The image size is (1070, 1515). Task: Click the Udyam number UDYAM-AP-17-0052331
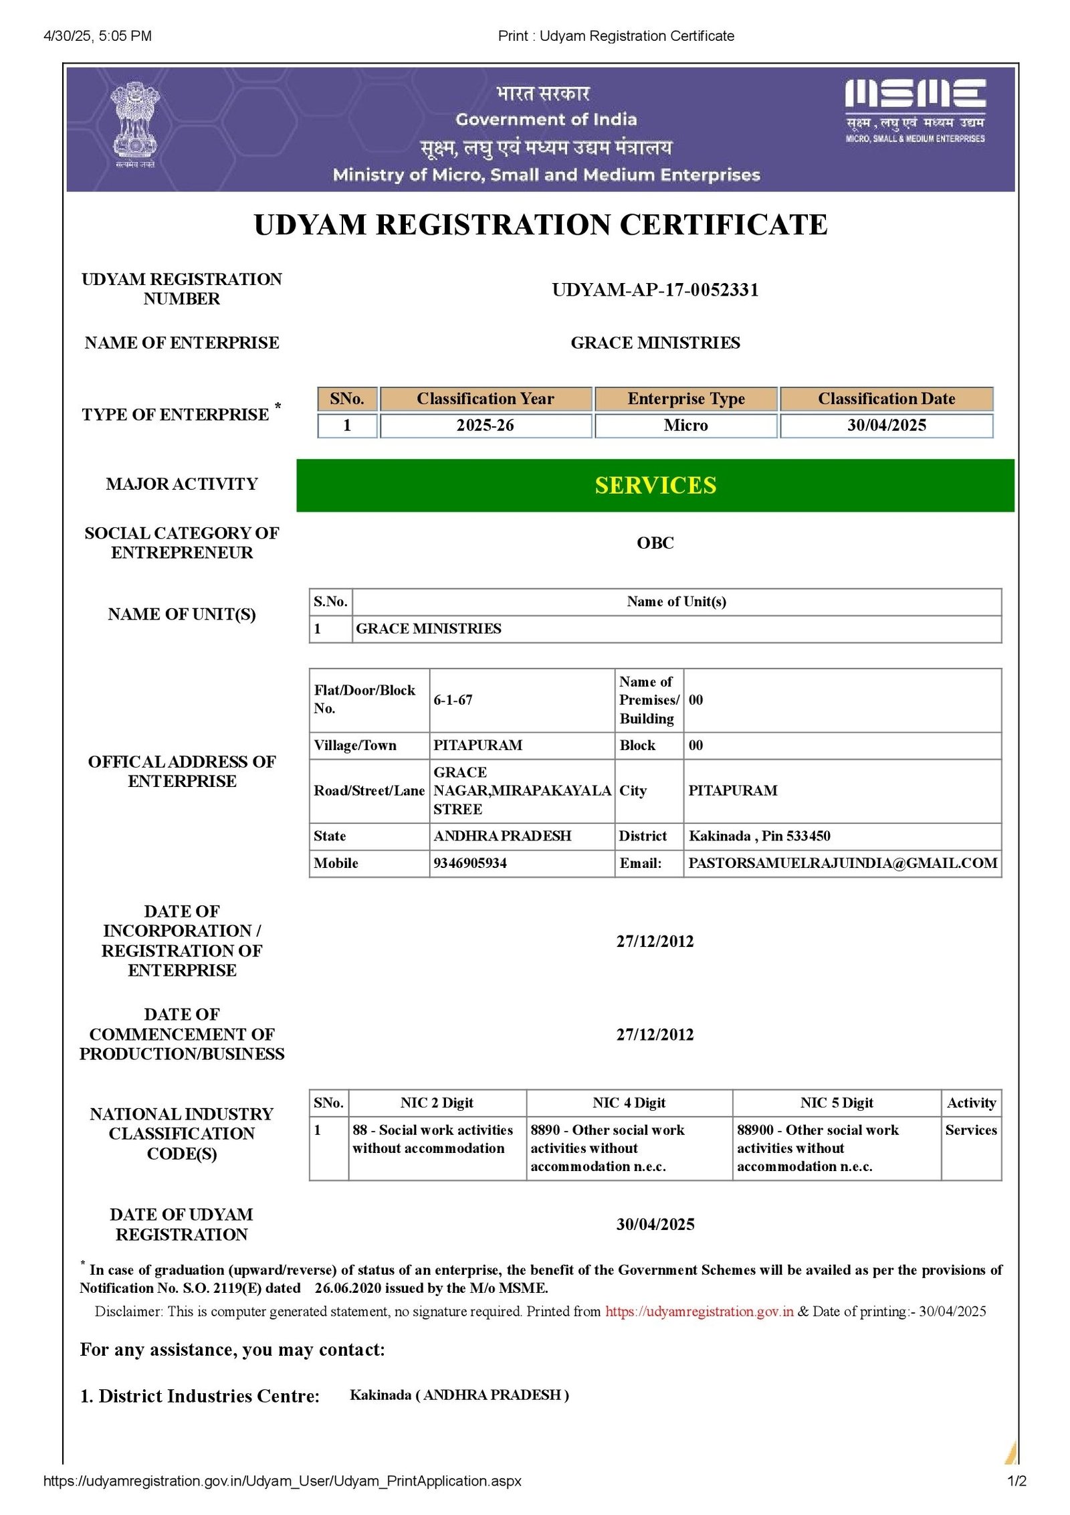(x=655, y=290)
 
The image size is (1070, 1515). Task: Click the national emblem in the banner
(x=135, y=124)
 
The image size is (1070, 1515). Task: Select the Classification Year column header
(x=486, y=399)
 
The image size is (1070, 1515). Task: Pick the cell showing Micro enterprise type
(x=685, y=426)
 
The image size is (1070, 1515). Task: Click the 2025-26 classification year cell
(x=486, y=426)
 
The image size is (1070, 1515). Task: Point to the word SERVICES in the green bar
(x=655, y=485)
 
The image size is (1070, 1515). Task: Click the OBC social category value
(x=655, y=543)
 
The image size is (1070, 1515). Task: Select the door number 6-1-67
(x=453, y=700)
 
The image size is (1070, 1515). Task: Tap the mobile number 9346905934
(x=470, y=863)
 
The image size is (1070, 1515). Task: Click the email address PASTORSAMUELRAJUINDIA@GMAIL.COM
(x=843, y=863)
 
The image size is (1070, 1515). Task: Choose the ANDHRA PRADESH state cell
(x=502, y=836)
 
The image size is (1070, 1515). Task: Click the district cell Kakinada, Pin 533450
(x=760, y=836)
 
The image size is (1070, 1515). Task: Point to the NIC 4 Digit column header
(x=629, y=1103)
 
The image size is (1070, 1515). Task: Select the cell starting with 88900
(x=818, y=1148)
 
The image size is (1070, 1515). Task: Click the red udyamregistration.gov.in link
(x=700, y=1312)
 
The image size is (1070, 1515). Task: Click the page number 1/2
(x=1016, y=1481)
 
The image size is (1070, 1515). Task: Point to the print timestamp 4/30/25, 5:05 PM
(x=98, y=36)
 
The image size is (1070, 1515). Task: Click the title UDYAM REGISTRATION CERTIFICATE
(x=540, y=225)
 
